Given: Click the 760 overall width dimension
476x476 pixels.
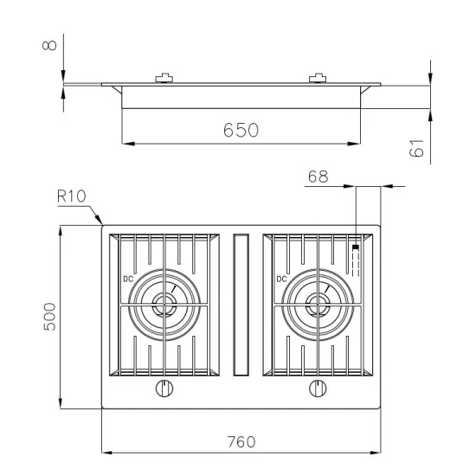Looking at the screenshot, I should (240, 441).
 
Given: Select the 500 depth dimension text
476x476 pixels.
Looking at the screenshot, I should (49, 318).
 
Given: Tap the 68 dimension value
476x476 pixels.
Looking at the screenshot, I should (318, 177).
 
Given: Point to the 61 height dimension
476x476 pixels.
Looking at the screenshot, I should (417, 150).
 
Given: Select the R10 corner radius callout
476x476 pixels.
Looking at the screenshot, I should (71, 196).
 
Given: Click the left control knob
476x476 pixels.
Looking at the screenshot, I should (163, 389).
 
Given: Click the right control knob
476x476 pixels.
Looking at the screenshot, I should (317, 389).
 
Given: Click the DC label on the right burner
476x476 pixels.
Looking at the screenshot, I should (281, 279).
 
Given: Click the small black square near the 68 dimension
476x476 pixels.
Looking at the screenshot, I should (356, 248).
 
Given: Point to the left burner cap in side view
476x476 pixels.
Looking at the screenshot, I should (163, 80).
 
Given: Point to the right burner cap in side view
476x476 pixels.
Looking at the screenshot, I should (318, 80).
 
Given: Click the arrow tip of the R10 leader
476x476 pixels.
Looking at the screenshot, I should (102, 225).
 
